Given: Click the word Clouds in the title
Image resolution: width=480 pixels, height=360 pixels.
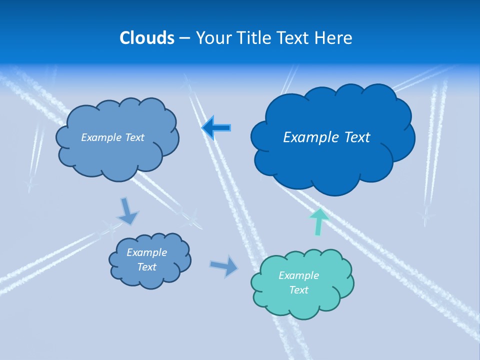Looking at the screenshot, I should click(147, 38).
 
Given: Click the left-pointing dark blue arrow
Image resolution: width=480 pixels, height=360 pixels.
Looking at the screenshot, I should click(216, 127).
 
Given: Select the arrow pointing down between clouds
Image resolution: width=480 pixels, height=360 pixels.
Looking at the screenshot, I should click(127, 211).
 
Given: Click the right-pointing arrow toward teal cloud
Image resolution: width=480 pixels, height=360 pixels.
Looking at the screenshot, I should click(224, 266).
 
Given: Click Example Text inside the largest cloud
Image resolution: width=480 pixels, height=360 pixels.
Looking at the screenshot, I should click(326, 137).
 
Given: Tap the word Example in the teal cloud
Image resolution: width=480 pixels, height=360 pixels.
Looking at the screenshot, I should click(298, 275).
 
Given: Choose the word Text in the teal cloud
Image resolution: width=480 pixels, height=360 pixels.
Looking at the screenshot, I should click(298, 290).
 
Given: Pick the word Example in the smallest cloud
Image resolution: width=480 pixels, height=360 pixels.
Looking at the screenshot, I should click(146, 252).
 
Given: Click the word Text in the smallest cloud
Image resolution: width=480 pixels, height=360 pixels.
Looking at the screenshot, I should click(146, 267).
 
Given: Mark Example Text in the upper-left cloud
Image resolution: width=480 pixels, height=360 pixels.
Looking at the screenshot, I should click(112, 137).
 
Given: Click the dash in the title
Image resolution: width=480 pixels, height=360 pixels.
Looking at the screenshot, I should click(184, 38).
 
